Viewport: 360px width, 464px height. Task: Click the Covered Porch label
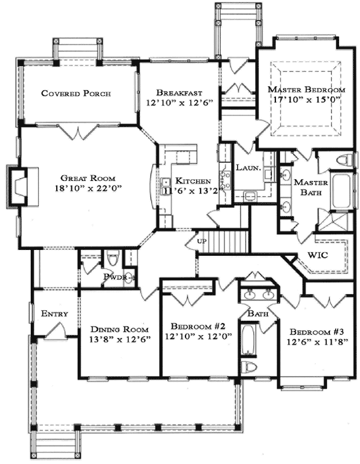click(x=76, y=93)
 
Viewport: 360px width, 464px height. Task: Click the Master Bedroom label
click(x=306, y=90)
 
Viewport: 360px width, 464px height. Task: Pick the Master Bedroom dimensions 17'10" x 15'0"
click(x=306, y=100)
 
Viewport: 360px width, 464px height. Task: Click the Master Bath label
click(x=310, y=188)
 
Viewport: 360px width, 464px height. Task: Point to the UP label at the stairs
click(x=202, y=241)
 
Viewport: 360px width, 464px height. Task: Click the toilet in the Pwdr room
click(x=112, y=257)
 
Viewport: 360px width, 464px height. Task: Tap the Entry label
click(x=54, y=314)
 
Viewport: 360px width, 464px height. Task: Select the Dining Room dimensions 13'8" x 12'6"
click(x=119, y=339)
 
